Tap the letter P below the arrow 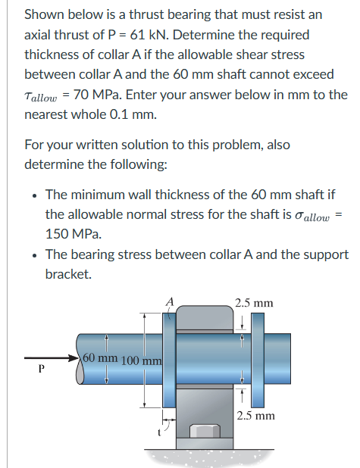coord(42,370)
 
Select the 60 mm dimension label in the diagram coord(98,357)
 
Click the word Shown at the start coord(45,14)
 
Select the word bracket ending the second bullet coord(69,274)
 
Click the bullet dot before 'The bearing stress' coord(34,254)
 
